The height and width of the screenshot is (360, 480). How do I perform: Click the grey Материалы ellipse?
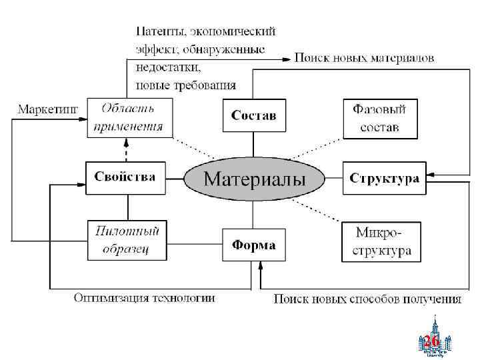point(254,179)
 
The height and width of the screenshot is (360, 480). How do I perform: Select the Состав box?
point(253,115)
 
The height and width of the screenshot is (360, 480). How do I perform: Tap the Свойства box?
point(125,177)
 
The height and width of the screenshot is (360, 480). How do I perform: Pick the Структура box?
point(384,179)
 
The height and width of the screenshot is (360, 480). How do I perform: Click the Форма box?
point(253,245)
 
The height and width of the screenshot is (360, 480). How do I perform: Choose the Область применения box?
point(129,117)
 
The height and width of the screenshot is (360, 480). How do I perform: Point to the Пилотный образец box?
point(127,240)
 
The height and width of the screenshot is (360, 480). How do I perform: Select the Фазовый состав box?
point(379,117)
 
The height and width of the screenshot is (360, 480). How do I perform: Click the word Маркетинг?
point(47,108)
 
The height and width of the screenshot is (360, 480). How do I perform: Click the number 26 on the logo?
point(431,341)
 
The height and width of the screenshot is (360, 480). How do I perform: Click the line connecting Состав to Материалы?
point(254,145)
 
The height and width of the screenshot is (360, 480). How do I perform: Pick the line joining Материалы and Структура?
point(333,179)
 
